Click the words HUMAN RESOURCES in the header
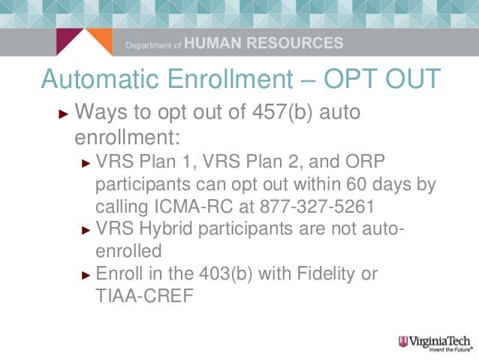(264, 44)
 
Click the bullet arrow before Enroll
(86, 274)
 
